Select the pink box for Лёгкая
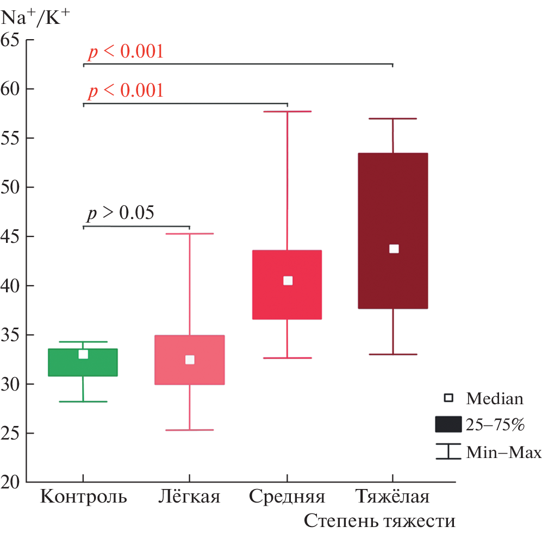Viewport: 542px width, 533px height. point(190,372)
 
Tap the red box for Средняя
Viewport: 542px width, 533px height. point(288,299)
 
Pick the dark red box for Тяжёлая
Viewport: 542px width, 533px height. point(394,206)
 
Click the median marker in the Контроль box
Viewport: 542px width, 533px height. point(83,354)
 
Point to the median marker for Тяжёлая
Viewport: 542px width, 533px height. point(394,249)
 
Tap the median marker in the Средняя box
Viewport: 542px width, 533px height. point(288,280)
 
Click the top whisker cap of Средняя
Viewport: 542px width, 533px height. point(288,111)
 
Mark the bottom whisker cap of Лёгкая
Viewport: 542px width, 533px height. point(190,430)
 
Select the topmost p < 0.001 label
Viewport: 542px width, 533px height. point(126,52)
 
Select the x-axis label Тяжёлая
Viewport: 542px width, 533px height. point(393,497)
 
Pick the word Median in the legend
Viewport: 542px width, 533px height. point(495,399)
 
